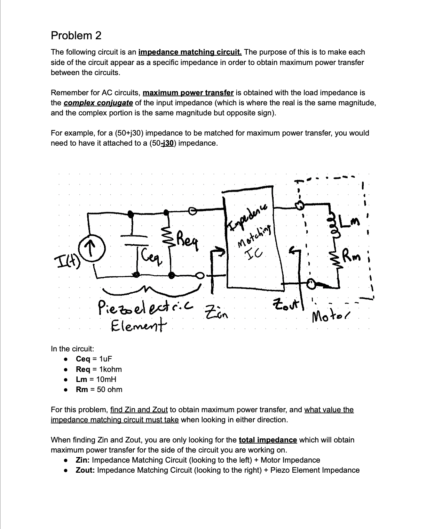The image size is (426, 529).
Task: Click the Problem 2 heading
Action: (x=76, y=35)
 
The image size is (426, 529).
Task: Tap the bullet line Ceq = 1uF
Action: (x=94, y=359)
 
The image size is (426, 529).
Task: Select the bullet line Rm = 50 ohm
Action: (x=99, y=389)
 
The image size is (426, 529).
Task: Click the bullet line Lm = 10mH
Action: (x=96, y=379)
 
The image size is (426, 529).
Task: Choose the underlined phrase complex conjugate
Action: (x=98, y=103)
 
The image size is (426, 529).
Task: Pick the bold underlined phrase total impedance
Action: (x=268, y=440)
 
